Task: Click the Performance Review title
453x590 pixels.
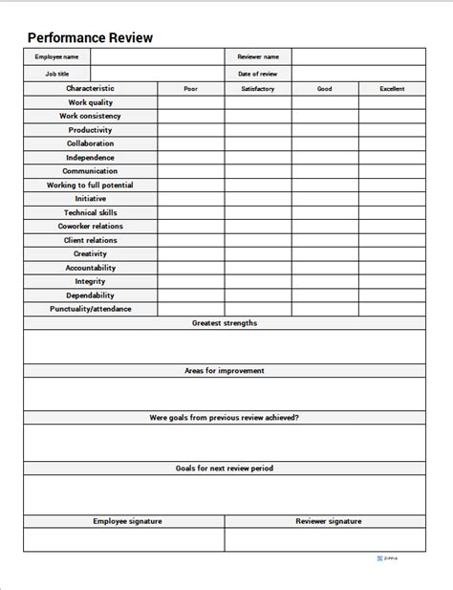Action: (90, 38)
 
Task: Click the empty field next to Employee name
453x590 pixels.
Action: (157, 56)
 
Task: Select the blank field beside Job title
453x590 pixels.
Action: (157, 73)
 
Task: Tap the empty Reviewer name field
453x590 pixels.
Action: (358, 56)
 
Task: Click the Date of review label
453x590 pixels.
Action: (258, 73)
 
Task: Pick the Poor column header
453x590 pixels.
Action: (191, 89)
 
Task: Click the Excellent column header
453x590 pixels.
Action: (392, 89)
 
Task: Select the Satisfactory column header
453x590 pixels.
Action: (258, 89)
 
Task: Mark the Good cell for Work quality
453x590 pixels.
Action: (325, 102)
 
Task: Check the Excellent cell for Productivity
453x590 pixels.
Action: (392, 130)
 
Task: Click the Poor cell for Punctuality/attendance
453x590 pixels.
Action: (191, 309)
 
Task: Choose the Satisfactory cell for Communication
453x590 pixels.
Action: (258, 171)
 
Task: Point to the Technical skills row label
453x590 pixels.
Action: (91, 212)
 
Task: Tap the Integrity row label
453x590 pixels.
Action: (91, 281)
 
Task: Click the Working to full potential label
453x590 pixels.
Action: (91, 185)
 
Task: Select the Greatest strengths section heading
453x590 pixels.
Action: (225, 323)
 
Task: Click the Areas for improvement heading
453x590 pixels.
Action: (225, 370)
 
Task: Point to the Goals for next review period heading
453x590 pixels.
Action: (225, 469)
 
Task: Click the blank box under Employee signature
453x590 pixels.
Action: (124, 539)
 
